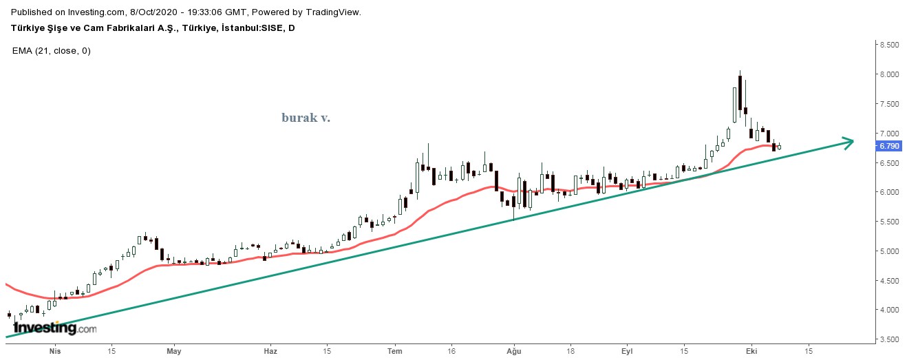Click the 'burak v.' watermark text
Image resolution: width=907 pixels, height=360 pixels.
[306, 118]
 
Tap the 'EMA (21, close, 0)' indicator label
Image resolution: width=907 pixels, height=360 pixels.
[52, 51]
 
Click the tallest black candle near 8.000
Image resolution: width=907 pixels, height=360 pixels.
[740, 92]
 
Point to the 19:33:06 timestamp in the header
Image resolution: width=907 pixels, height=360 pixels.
[206, 12]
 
